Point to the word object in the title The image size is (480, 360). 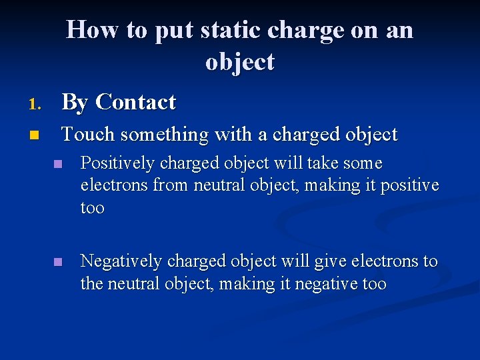pyautogui.click(x=239, y=61)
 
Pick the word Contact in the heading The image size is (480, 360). pyautogui.click(x=135, y=102)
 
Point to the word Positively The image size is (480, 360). pyautogui.click(x=114, y=163)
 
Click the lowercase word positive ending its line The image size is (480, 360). pyautogui.click(x=409, y=185)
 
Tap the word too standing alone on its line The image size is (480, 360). pyautogui.click(x=92, y=207)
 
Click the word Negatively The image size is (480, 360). pyautogui.click(x=117, y=261)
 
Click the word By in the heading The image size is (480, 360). pyautogui.click(x=75, y=102)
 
